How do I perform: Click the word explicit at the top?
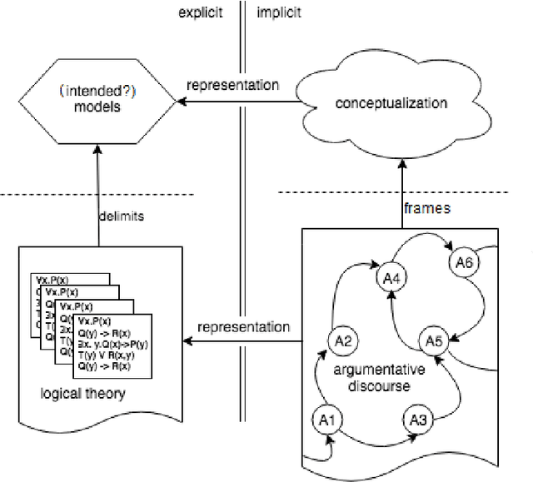point(202,12)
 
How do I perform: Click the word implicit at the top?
point(280,12)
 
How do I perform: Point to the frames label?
point(427,209)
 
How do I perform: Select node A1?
point(326,419)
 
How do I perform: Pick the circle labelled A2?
point(344,340)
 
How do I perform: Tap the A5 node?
point(433,340)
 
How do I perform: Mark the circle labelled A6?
point(465,262)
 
